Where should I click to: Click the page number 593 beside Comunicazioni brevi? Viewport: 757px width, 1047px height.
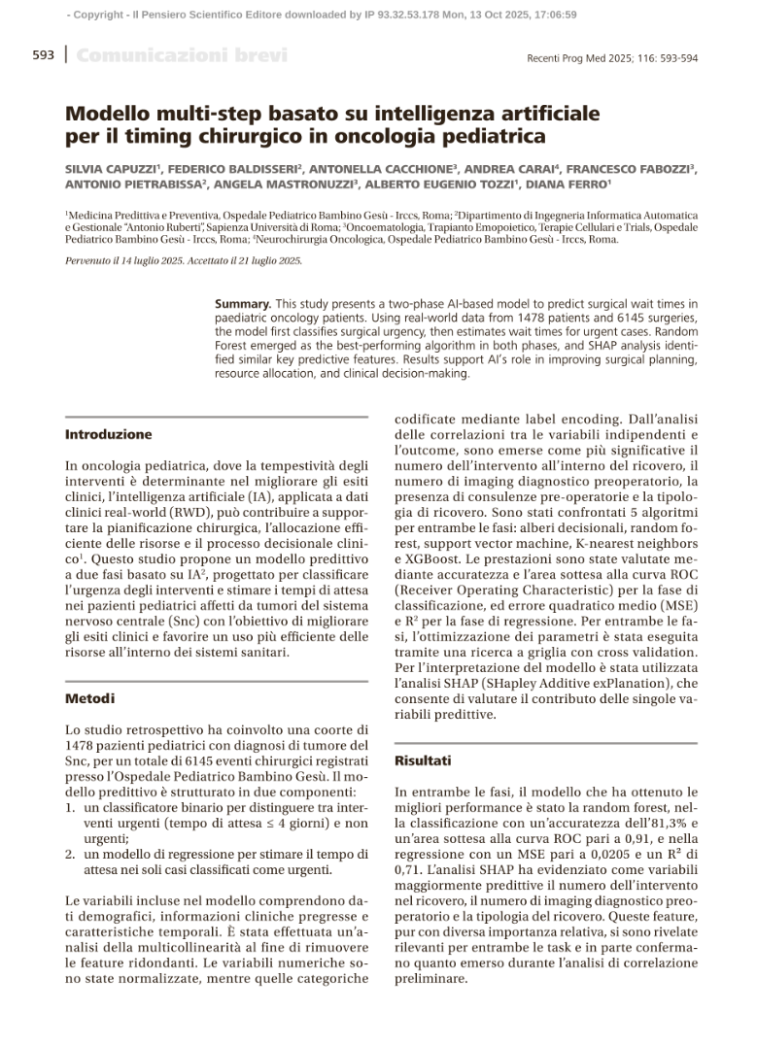(x=43, y=55)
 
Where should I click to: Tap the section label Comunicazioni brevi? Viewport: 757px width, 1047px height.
(x=182, y=55)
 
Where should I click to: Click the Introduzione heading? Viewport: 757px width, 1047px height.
(x=109, y=434)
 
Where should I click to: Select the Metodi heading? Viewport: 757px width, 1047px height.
(x=89, y=698)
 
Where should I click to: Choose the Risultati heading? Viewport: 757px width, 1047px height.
(x=423, y=760)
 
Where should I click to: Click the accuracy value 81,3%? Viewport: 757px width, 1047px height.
(x=664, y=824)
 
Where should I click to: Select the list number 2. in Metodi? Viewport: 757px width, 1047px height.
(x=71, y=855)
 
